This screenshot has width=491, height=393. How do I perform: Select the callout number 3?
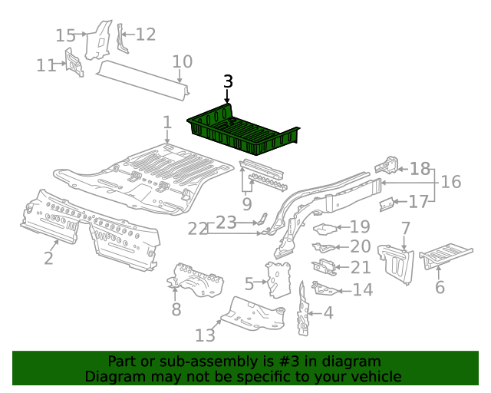(x=228, y=82)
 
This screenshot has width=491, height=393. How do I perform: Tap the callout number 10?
(x=182, y=61)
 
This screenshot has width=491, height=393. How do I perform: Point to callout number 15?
(x=66, y=35)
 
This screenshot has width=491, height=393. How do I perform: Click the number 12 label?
(x=145, y=34)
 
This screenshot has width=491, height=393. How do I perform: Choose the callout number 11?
(x=46, y=65)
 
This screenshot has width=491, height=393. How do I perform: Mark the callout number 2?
(x=48, y=258)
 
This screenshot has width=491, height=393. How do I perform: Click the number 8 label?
(x=176, y=309)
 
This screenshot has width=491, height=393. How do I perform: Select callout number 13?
(x=205, y=335)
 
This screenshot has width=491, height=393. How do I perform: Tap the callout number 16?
(x=450, y=182)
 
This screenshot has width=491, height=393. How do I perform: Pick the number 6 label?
(x=440, y=287)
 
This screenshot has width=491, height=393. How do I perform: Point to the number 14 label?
(x=362, y=289)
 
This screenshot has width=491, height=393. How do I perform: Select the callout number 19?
(x=360, y=227)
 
